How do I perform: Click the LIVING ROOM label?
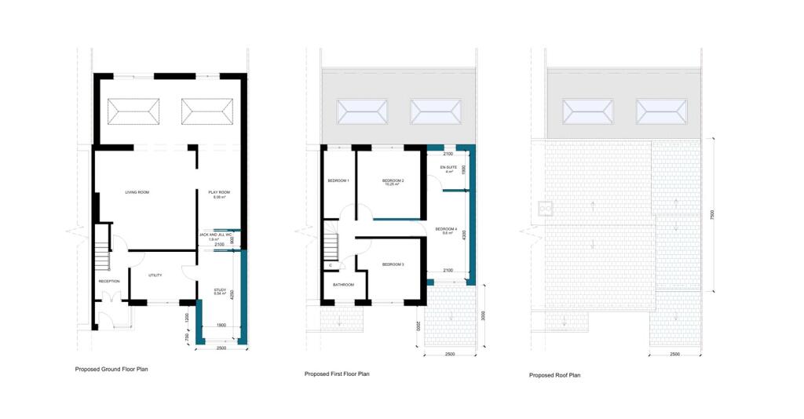click(137, 192)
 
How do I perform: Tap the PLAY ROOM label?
click(219, 192)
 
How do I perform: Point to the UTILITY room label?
click(155, 275)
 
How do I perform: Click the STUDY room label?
click(220, 290)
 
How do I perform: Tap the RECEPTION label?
click(108, 281)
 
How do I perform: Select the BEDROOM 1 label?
click(338, 181)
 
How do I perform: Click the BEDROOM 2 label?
click(393, 181)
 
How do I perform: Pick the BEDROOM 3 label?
click(393, 265)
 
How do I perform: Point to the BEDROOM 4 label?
click(446, 229)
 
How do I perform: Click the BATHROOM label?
click(343, 285)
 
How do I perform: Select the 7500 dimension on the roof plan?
click(713, 213)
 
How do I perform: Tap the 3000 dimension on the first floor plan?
click(482, 315)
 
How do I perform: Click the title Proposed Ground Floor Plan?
click(111, 369)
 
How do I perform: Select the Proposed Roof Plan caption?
click(554, 376)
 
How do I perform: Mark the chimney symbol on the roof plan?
click(546, 209)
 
